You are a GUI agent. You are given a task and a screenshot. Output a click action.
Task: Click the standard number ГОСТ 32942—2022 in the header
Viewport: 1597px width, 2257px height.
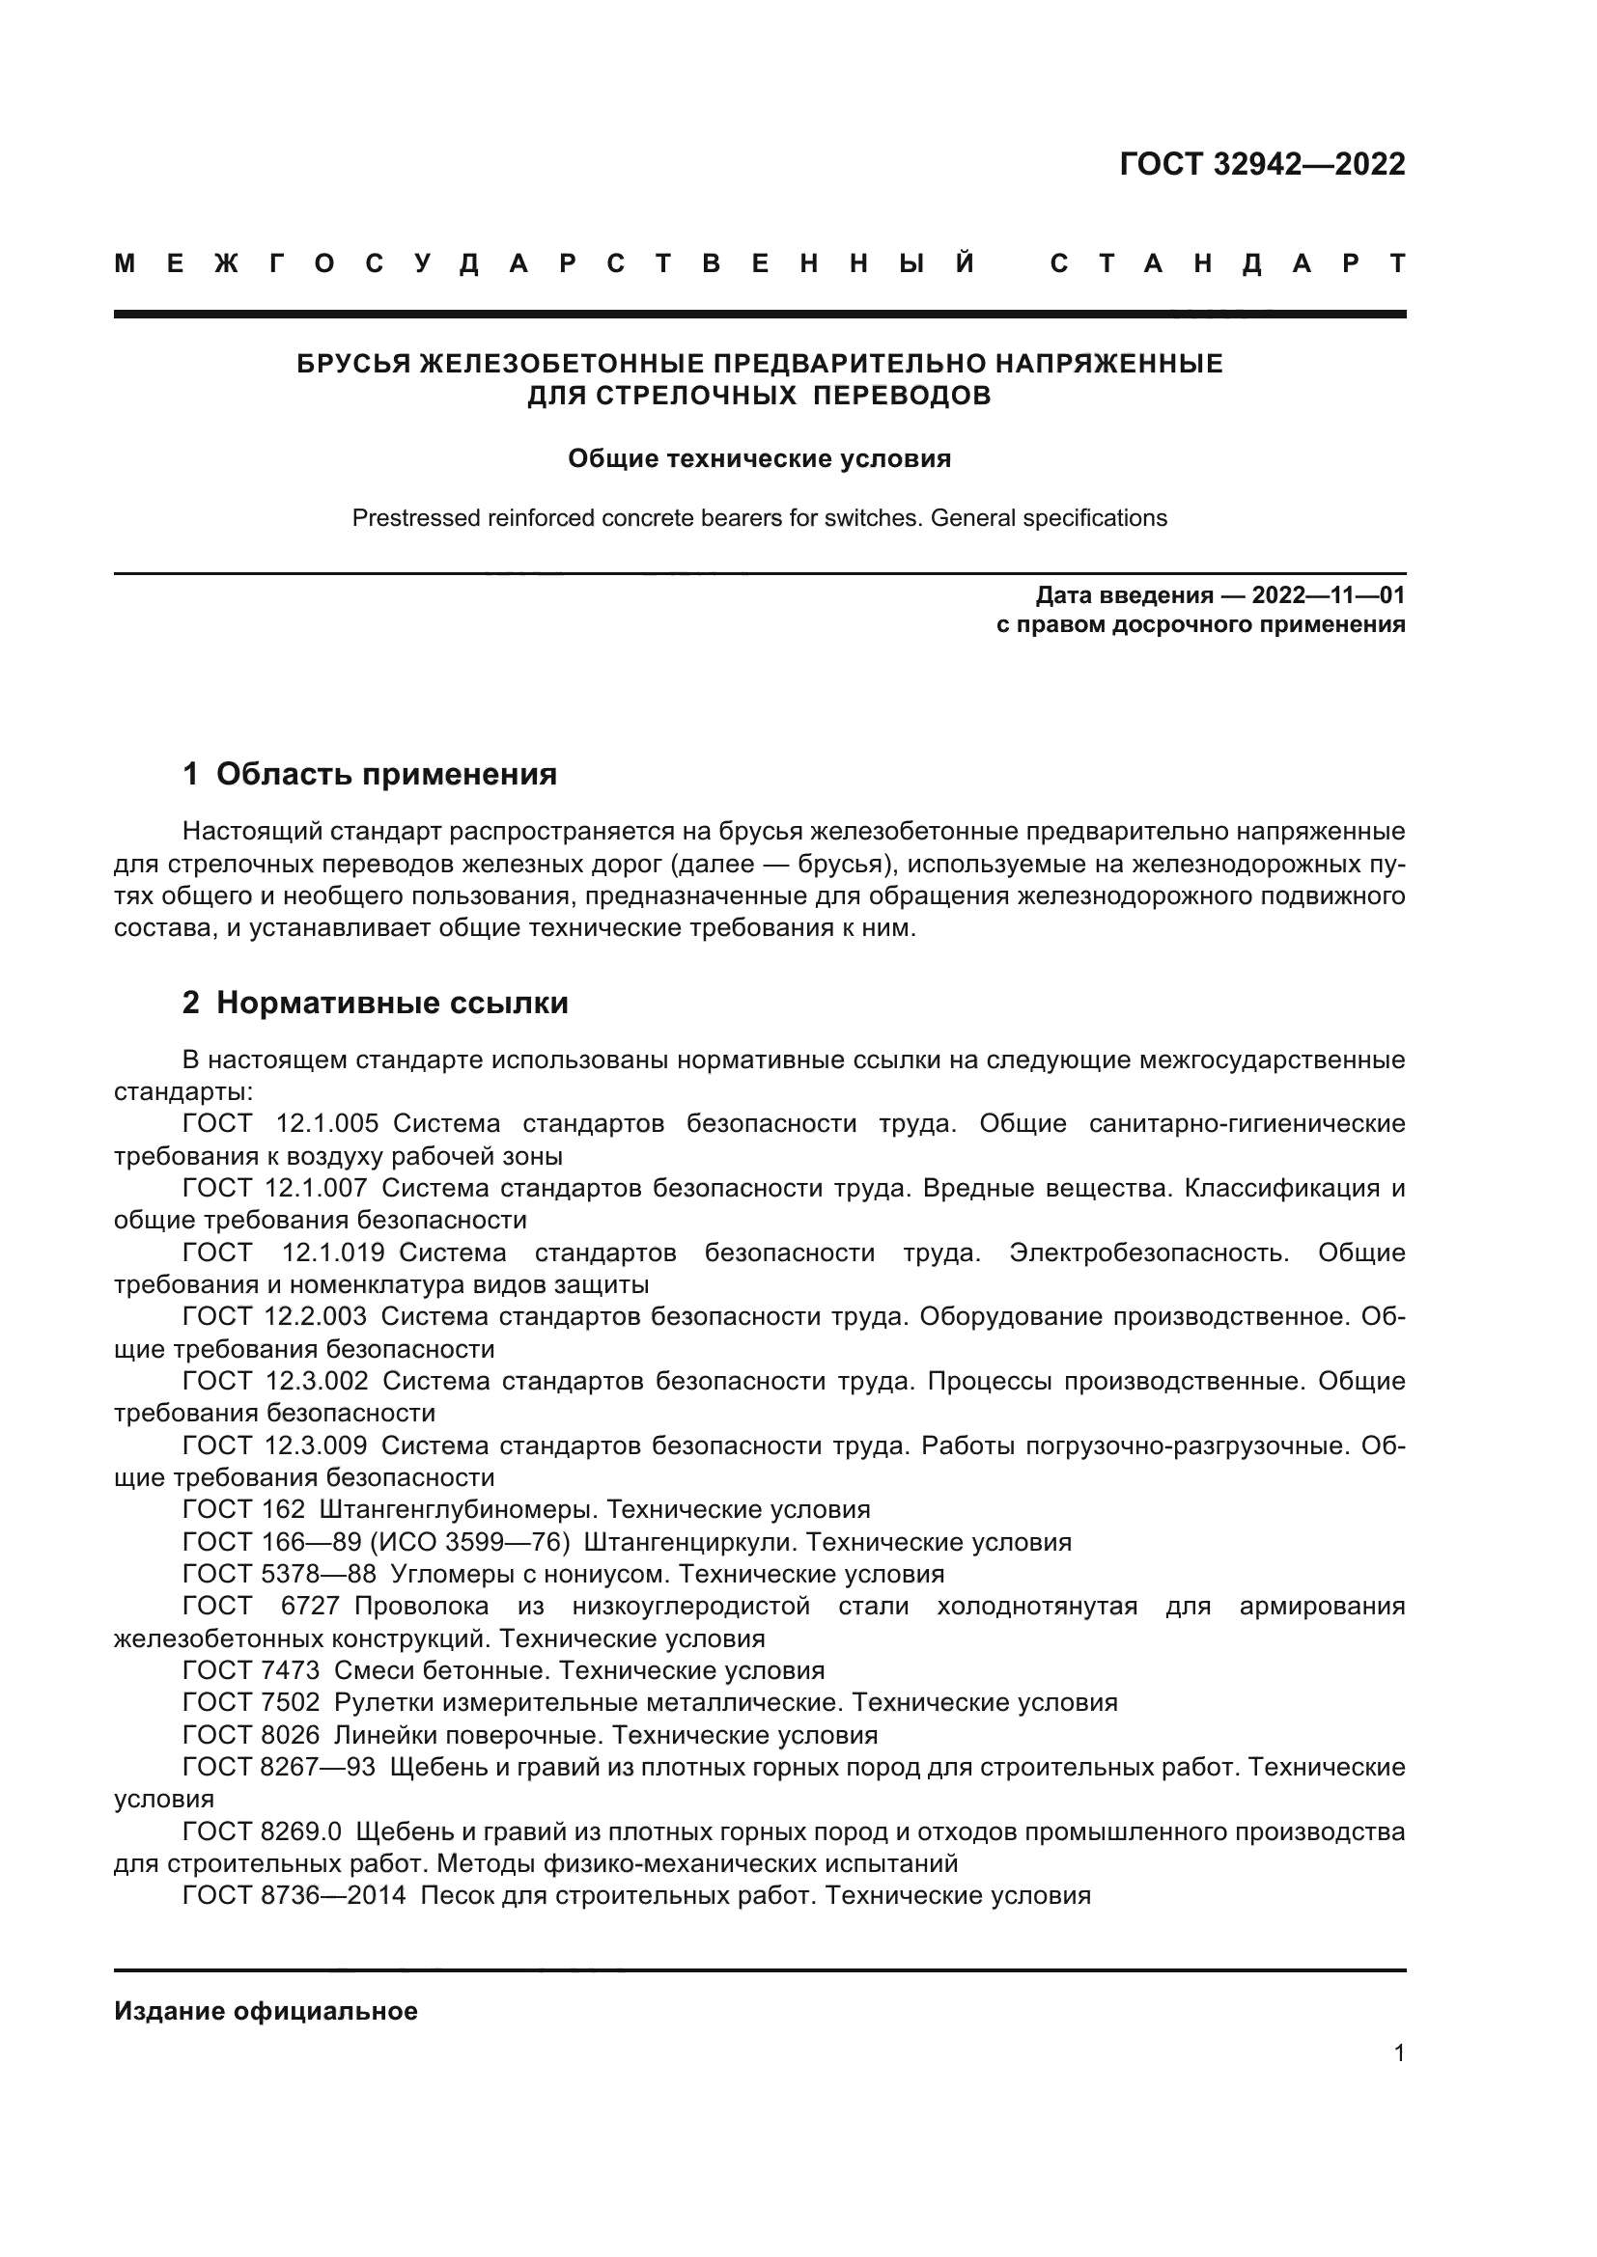point(1262,164)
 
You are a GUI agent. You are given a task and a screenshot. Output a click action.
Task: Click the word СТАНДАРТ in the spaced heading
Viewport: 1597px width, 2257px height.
point(1228,264)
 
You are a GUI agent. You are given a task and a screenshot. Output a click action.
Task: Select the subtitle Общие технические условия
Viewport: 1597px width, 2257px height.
point(759,459)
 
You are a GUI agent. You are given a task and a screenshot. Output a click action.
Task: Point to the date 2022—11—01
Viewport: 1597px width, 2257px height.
point(1329,595)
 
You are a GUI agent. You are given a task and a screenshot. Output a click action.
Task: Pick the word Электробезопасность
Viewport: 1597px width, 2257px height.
point(1149,1253)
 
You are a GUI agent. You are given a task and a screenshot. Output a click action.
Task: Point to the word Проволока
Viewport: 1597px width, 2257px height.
point(422,1607)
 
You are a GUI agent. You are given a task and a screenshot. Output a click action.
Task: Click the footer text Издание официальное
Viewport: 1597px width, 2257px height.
point(266,2011)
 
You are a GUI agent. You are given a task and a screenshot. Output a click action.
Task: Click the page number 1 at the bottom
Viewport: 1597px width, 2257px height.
point(1398,2053)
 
